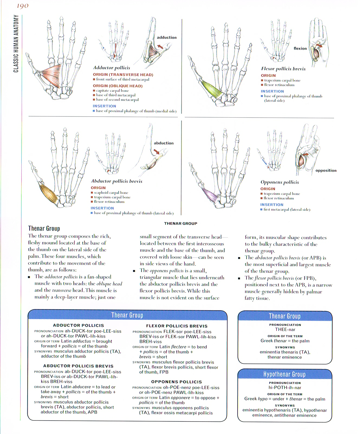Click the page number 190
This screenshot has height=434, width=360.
click(22, 6)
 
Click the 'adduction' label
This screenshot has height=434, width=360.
click(167, 38)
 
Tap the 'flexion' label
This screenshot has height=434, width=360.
click(300, 48)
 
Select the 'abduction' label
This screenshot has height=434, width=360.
click(164, 143)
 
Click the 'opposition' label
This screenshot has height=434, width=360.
click(326, 170)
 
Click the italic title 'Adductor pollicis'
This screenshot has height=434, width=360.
click(112, 68)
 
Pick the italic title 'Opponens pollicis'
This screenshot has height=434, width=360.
click(280, 182)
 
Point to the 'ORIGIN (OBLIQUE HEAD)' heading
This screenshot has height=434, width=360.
click(118, 86)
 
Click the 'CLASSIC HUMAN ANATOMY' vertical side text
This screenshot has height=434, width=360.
click(16, 44)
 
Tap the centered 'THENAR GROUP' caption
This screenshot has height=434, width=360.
click(181, 224)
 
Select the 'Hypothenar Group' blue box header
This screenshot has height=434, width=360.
click(284, 374)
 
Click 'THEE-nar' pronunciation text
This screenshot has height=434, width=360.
click(285, 330)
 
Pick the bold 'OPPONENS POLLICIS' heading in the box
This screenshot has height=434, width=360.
click(176, 382)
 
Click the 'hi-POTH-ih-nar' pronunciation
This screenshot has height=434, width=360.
click(285, 388)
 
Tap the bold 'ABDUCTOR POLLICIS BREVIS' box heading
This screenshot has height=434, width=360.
click(78, 366)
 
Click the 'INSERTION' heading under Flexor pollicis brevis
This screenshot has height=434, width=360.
click(272, 92)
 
